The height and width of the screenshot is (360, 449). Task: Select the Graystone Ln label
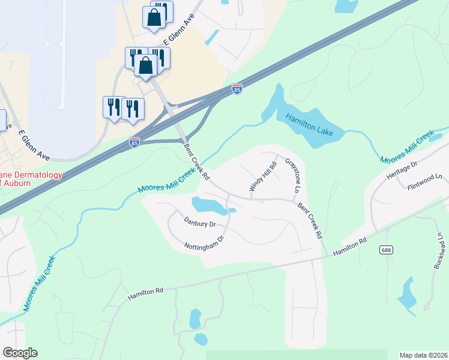pos(293,175)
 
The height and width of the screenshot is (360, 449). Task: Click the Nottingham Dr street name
pos(204,244)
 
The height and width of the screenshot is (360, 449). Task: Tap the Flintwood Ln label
pos(427,178)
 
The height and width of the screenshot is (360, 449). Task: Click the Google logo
pos(20,353)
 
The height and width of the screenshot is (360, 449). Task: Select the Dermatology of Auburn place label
pos(30,179)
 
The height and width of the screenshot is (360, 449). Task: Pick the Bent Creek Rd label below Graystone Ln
pos(310,220)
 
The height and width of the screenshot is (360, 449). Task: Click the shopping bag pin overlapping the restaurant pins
pos(146,66)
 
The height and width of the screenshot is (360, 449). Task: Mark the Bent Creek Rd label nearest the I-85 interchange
pos(197,161)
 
